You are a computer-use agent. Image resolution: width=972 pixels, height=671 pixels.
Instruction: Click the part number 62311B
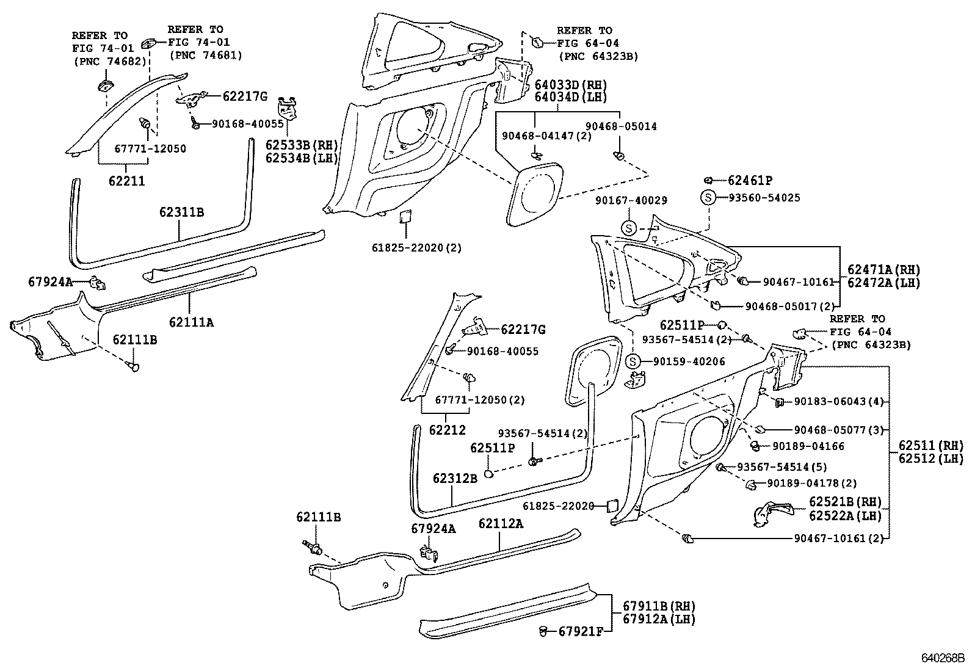click(181, 212)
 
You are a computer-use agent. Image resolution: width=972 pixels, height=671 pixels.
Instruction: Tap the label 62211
click(127, 181)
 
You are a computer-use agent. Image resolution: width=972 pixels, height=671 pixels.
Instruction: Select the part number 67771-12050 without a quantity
click(150, 148)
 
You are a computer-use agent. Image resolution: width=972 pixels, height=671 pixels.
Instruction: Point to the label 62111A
click(191, 322)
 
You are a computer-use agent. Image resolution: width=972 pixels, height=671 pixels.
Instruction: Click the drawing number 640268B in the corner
click(942, 659)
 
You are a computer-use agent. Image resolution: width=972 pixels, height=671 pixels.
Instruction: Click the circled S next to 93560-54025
click(707, 197)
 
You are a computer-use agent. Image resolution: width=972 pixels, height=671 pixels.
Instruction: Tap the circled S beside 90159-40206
click(633, 361)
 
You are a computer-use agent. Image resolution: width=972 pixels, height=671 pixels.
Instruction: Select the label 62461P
click(750, 181)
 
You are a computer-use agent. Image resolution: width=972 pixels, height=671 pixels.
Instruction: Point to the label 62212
click(447, 430)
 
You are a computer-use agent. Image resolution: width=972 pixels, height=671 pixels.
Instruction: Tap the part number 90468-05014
click(621, 126)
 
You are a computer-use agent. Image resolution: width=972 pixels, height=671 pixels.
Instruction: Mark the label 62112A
click(501, 524)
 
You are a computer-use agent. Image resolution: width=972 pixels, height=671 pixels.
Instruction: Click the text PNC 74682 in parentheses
click(109, 61)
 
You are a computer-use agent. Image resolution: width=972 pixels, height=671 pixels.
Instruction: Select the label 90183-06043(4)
click(839, 402)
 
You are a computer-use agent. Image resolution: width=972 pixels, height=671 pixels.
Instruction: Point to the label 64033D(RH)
click(570, 85)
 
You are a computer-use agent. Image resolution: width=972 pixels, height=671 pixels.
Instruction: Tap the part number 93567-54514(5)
click(782, 467)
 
